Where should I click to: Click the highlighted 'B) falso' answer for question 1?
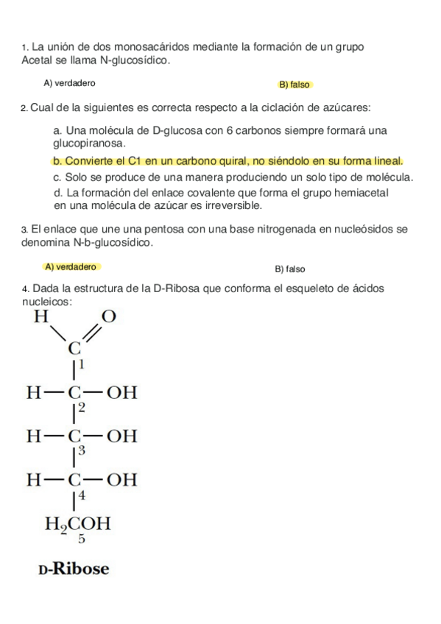click(x=294, y=85)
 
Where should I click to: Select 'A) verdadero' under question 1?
click(x=69, y=83)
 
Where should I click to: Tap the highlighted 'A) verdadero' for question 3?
click(x=71, y=267)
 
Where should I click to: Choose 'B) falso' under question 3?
click(x=289, y=269)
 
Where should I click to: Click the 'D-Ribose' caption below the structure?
click(x=74, y=569)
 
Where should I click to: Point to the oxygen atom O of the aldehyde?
click(x=108, y=317)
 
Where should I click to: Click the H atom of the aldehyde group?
click(x=41, y=318)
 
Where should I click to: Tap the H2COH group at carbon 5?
click(x=78, y=525)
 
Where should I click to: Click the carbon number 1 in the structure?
click(x=82, y=364)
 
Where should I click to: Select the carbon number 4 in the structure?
click(x=82, y=495)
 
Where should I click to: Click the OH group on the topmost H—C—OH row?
click(x=122, y=392)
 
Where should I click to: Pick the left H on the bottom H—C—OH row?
click(x=34, y=480)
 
